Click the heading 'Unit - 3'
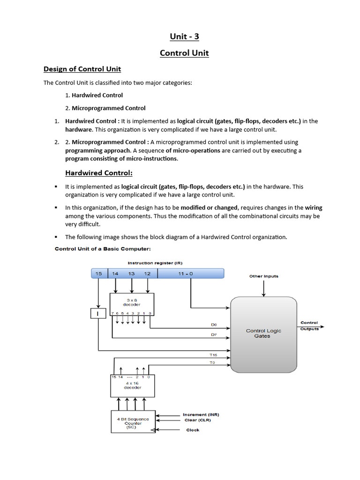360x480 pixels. (184, 36)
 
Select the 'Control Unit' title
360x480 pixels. (184, 53)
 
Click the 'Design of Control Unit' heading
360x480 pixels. (82, 69)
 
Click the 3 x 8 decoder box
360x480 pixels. (132, 305)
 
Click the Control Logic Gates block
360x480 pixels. (263, 333)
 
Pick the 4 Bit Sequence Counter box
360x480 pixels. (133, 422)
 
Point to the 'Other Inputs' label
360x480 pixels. (263, 276)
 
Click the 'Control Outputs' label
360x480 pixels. (309, 326)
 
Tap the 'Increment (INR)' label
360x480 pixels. (201, 414)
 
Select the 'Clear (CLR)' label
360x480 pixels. (197, 420)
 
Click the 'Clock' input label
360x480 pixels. (193, 430)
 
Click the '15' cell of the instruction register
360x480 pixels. (98, 273)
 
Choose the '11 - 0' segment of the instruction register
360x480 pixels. (185, 273)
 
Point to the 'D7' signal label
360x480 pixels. (214, 335)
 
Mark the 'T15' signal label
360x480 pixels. (213, 355)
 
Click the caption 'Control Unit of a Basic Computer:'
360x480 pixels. (103, 249)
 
